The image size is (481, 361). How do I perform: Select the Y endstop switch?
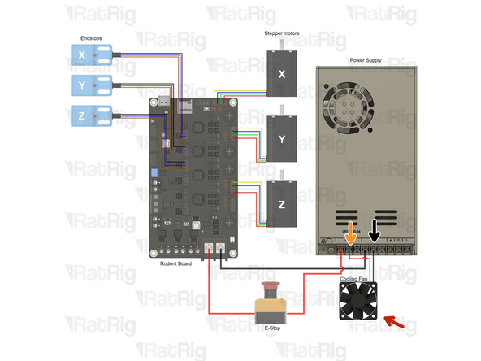92,85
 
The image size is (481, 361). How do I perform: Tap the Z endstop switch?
92,116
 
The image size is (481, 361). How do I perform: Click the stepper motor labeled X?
283,73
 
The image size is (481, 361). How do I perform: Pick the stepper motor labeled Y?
283,139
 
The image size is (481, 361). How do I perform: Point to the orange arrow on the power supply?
351,232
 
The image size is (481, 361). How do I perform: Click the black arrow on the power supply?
374,229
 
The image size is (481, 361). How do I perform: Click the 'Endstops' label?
91,37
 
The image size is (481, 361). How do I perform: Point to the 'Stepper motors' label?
282,33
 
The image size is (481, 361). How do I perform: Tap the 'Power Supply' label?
366,60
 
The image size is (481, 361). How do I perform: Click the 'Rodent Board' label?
177,263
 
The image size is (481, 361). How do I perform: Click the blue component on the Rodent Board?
156,174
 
